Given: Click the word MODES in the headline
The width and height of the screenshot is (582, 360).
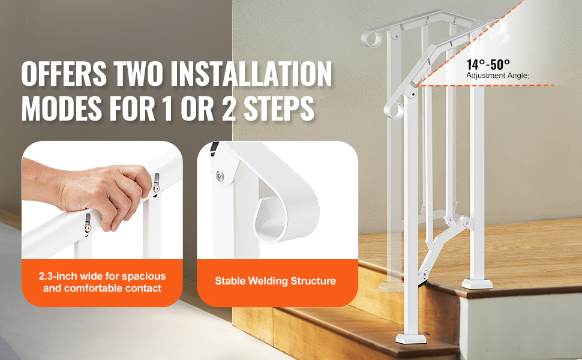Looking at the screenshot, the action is (x=62, y=109).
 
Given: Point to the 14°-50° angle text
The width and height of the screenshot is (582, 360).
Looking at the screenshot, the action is (x=488, y=65).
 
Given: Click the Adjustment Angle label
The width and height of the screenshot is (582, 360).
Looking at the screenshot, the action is (x=497, y=76).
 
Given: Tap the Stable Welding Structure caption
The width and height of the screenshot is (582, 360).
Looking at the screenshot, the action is (x=275, y=281).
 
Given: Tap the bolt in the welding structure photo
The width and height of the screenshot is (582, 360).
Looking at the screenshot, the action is (x=220, y=175).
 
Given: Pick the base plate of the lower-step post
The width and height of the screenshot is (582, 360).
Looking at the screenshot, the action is (x=410, y=338).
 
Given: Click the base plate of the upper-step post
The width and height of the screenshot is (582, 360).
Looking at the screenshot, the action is (x=477, y=284).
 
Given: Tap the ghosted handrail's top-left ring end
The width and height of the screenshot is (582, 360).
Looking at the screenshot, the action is (x=372, y=38).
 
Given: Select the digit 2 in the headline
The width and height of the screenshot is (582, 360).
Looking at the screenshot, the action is (x=229, y=109).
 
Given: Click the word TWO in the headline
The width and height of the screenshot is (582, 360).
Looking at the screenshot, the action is (x=139, y=73).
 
